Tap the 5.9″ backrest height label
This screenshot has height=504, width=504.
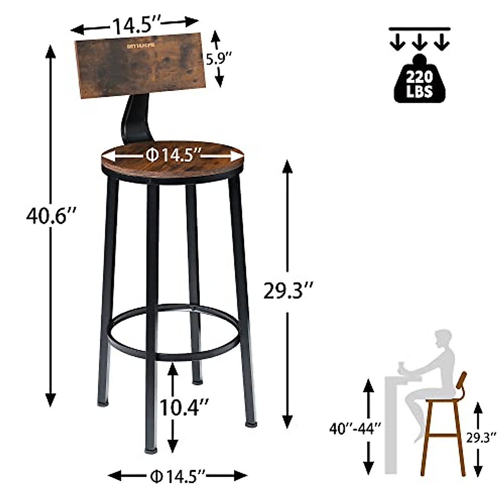[x=218, y=60]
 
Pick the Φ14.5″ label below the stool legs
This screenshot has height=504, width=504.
[x=177, y=476]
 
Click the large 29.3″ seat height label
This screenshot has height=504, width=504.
[x=288, y=291]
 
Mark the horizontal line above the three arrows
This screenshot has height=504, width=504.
[x=420, y=28]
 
